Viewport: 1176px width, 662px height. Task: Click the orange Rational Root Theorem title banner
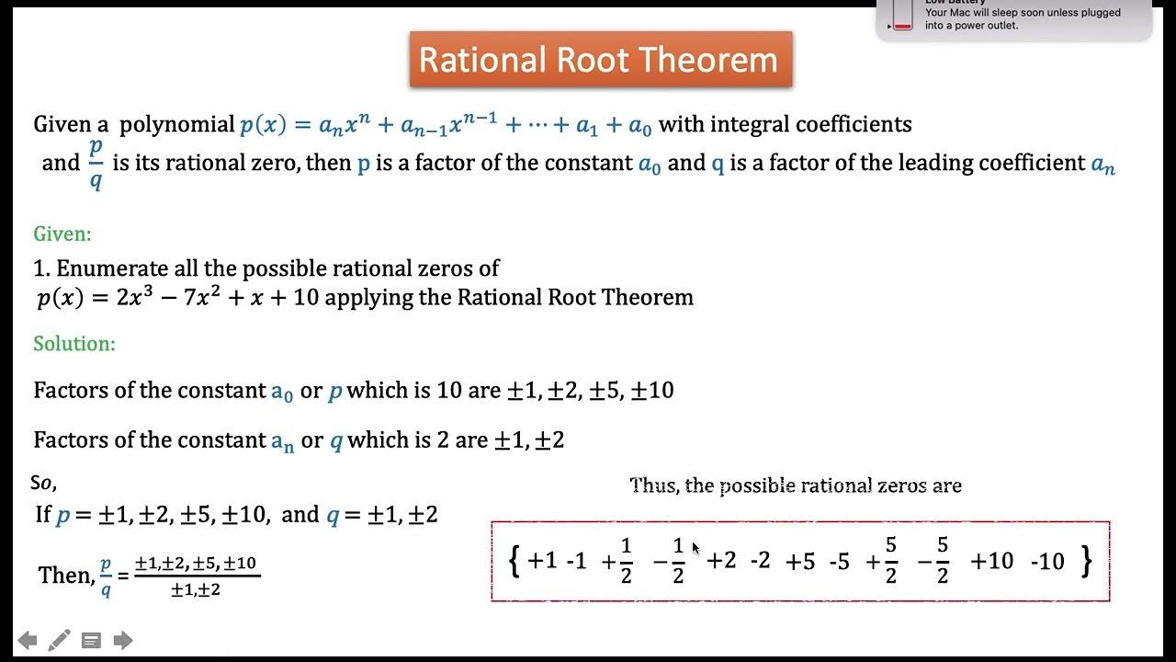pyautogui.click(x=600, y=60)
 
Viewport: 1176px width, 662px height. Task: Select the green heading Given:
pyautogui.click(x=62, y=234)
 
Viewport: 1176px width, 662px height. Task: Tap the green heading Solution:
pyautogui.click(x=74, y=344)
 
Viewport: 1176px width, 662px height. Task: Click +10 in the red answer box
pyautogui.click(x=991, y=561)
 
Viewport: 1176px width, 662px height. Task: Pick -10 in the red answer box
pyautogui.click(x=1047, y=561)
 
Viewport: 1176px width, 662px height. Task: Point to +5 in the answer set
pyautogui.click(x=800, y=561)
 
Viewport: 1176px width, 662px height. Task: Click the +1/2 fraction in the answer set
pyautogui.click(x=617, y=560)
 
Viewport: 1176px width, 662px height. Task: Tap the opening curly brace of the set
pyautogui.click(x=514, y=560)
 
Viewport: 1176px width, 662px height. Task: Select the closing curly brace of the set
pyautogui.click(x=1087, y=560)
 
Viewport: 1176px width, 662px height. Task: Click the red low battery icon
pyautogui.click(x=902, y=16)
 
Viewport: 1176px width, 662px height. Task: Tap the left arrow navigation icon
pyautogui.click(x=28, y=640)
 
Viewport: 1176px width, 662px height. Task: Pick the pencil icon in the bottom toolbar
pyautogui.click(x=59, y=640)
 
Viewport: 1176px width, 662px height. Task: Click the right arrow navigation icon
pyautogui.click(x=123, y=640)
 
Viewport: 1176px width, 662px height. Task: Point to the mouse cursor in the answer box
pyautogui.click(x=695, y=548)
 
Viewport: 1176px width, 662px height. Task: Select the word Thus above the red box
pyautogui.click(x=652, y=485)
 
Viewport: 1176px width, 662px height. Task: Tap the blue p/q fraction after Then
pyautogui.click(x=106, y=576)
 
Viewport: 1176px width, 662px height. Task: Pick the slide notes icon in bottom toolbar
pyautogui.click(x=91, y=640)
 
